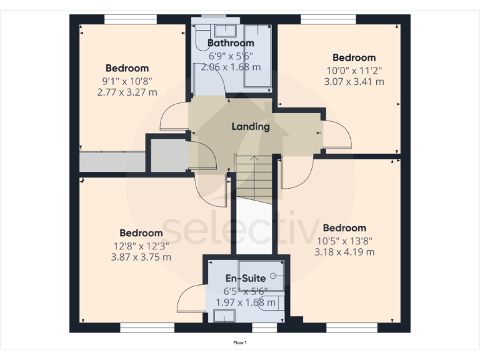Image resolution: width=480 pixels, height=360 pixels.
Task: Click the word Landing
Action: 250,127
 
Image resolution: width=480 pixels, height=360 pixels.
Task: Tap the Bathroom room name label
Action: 231,43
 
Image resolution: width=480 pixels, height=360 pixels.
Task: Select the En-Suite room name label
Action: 245,277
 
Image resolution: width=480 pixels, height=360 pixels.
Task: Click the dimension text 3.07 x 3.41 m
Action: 354,81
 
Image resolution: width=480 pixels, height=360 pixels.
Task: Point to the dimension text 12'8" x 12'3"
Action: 141,245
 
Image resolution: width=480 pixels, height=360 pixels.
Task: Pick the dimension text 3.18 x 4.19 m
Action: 345,252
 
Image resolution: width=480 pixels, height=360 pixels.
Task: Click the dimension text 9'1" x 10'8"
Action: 127,81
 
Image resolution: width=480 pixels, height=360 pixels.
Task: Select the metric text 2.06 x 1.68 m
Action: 231,67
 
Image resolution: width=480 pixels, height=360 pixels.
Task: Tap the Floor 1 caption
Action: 240,342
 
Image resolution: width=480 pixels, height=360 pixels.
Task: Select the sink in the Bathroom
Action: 224,29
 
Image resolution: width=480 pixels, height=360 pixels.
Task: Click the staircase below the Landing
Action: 254,178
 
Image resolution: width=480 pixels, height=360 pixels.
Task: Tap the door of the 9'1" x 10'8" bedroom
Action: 174,117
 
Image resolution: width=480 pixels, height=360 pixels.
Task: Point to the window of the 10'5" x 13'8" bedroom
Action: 343,327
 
